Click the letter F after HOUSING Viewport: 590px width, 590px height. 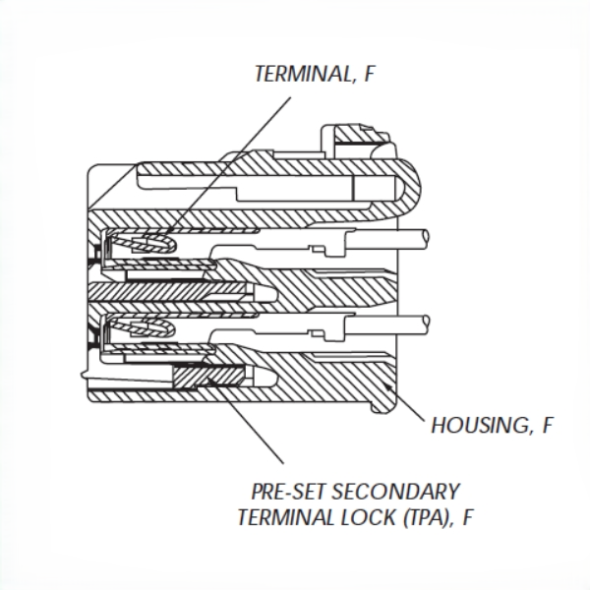tap(545, 426)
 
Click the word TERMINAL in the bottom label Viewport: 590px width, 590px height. tap(276, 515)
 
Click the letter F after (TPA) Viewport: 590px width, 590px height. tap(470, 515)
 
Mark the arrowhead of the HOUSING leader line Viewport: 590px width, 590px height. tap(390, 391)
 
